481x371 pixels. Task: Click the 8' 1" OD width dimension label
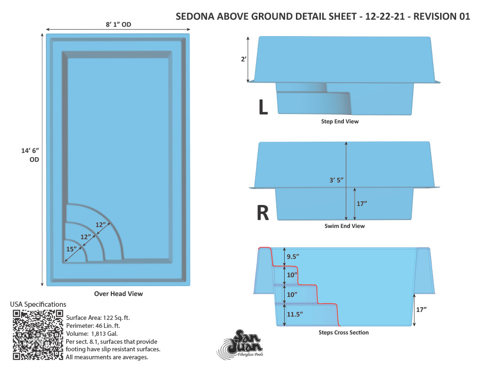pos(118,24)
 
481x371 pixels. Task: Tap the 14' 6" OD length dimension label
pos(30,155)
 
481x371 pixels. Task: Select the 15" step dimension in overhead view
pos(71,249)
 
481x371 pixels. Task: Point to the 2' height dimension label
pos(244,59)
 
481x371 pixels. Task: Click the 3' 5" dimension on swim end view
pos(336,180)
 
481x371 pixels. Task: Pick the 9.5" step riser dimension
pos(293,257)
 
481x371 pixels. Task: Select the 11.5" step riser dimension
pos(295,314)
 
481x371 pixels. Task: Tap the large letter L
pos(263,107)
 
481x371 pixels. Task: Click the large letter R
pos(263,213)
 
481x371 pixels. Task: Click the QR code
pos(38,335)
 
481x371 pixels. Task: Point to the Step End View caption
pos(340,121)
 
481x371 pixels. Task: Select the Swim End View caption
pos(344,226)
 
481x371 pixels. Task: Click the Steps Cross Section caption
pos(343,333)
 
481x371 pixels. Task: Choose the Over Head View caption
pos(118,294)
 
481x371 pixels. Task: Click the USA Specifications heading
pos(38,304)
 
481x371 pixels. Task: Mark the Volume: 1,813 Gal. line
pos(92,333)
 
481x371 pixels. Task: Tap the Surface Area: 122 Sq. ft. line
pos(98,318)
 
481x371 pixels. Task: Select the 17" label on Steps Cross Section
pos(421,310)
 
